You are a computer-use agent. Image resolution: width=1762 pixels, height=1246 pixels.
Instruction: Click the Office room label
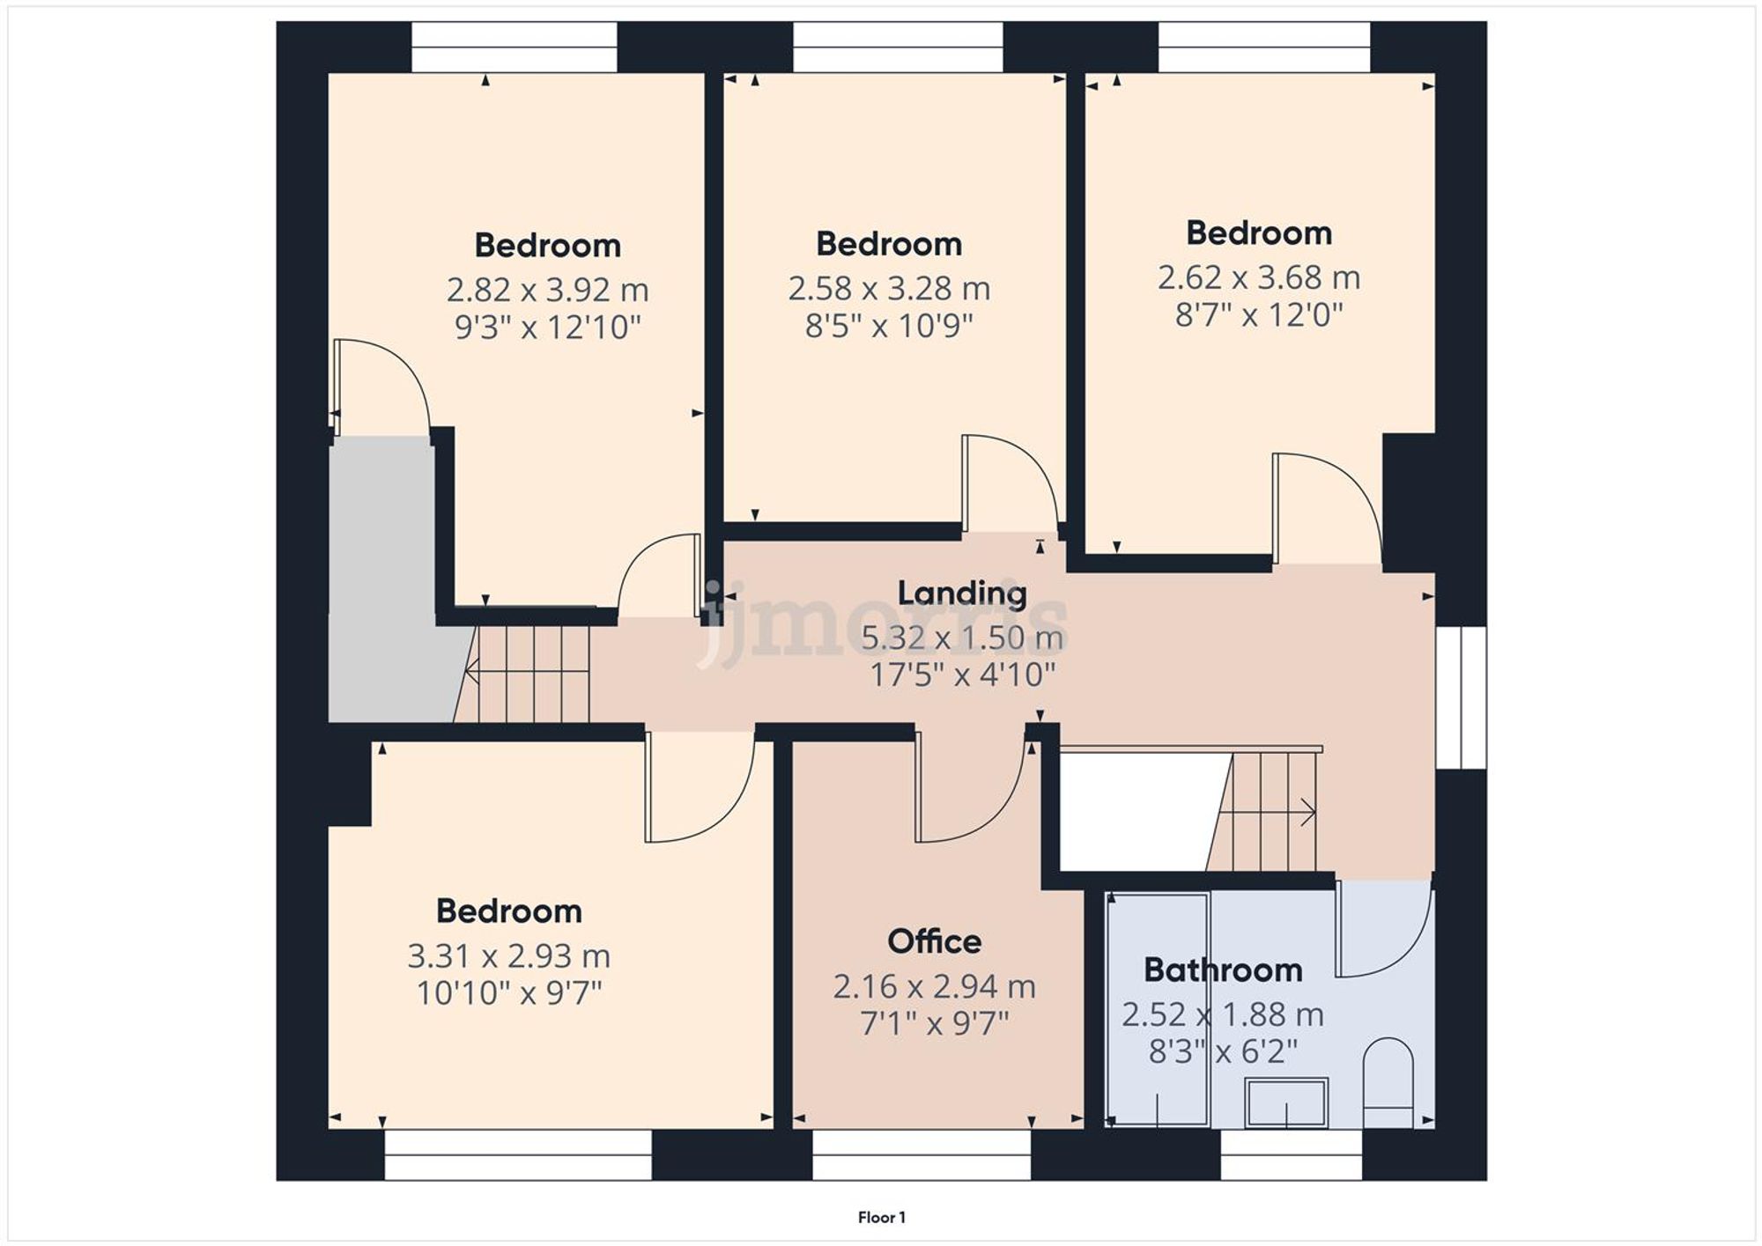(934, 941)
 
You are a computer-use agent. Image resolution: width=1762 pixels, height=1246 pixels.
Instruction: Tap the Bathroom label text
(1223, 970)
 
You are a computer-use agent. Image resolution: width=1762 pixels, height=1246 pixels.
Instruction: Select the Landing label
(962, 593)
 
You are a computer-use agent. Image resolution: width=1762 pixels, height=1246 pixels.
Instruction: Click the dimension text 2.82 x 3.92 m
(547, 290)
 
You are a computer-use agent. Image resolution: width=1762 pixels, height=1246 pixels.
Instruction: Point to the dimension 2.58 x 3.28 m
(889, 288)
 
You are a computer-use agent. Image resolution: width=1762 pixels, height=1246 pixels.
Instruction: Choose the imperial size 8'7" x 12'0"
(1259, 314)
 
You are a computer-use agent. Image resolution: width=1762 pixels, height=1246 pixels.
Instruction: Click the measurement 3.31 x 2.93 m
(508, 955)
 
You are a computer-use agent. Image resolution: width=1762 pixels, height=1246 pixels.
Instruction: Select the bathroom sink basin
(1287, 1103)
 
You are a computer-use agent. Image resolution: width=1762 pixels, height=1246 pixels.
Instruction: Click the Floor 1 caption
(882, 1217)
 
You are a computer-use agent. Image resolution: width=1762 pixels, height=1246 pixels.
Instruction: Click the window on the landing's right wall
(1462, 697)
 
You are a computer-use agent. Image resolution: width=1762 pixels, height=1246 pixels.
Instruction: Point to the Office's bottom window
(921, 1154)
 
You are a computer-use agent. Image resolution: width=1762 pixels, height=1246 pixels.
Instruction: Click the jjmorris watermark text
(881, 625)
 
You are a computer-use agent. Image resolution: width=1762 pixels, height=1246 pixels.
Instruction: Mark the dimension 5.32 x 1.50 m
(962, 637)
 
